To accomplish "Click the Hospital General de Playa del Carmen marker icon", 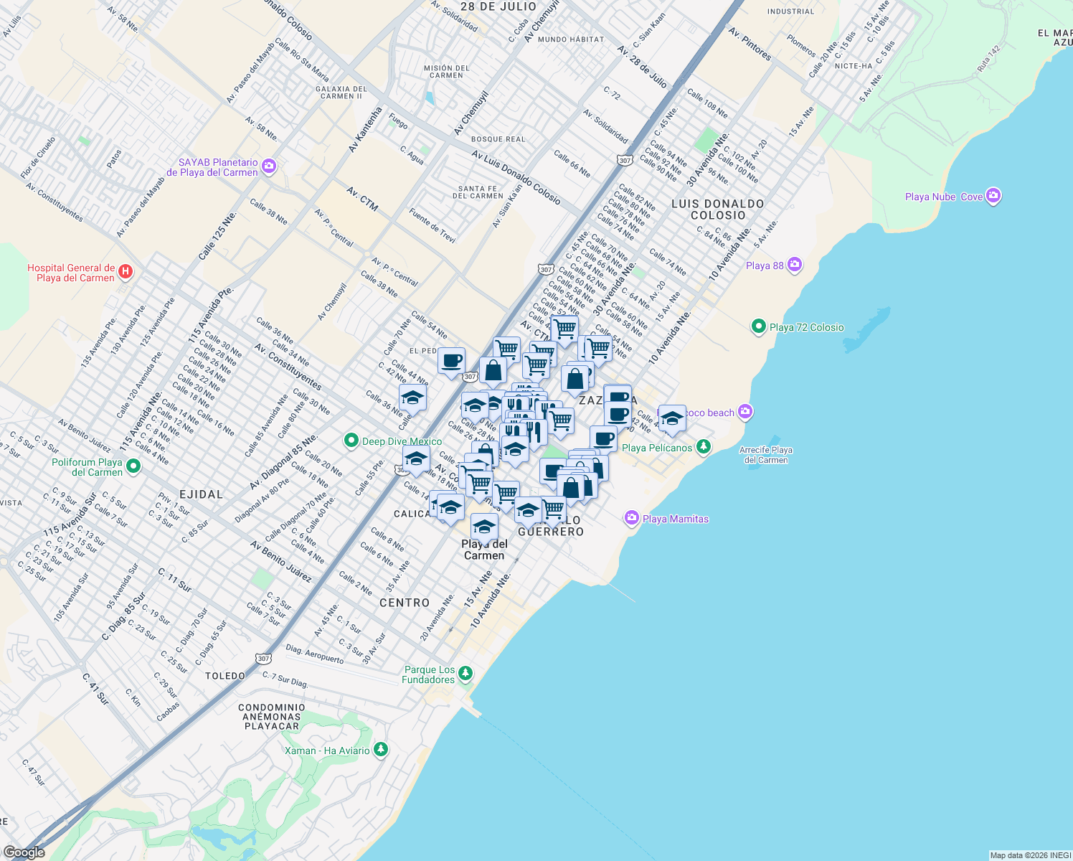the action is pyautogui.click(x=126, y=271).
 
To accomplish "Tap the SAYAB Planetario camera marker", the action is pyautogui.click(x=269, y=167).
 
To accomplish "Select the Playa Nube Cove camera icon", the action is pyautogui.click(x=993, y=196).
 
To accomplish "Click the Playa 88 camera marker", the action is pyautogui.click(x=794, y=265).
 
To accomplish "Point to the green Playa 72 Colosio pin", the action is pyautogui.click(x=758, y=327).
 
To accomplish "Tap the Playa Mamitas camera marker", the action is pyautogui.click(x=631, y=518).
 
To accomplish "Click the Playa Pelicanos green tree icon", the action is pyautogui.click(x=704, y=447).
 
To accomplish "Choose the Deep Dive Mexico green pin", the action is pyautogui.click(x=351, y=441).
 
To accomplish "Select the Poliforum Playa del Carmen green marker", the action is pyautogui.click(x=133, y=466).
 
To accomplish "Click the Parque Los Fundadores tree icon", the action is pyautogui.click(x=465, y=673).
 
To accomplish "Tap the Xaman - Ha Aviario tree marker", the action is pyautogui.click(x=381, y=750).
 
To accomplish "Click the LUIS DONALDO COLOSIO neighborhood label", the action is pyautogui.click(x=717, y=210).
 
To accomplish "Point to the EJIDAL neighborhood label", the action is pyautogui.click(x=201, y=494).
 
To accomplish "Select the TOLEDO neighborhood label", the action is pyautogui.click(x=225, y=676).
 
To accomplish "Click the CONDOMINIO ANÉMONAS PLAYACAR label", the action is pyautogui.click(x=272, y=717).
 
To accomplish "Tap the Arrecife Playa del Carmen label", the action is pyautogui.click(x=765, y=455).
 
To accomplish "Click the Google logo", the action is pyautogui.click(x=24, y=852).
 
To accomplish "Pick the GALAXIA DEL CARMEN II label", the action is pyautogui.click(x=341, y=93).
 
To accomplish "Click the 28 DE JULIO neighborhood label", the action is pyautogui.click(x=498, y=6).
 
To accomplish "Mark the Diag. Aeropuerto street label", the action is pyautogui.click(x=314, y=653).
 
